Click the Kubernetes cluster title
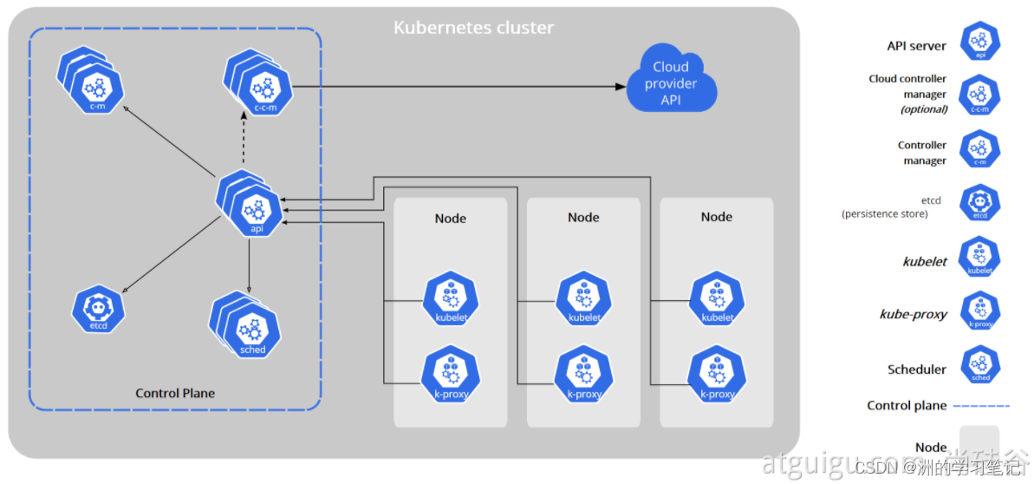pos(473,27)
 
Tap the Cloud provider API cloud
pos(671,82)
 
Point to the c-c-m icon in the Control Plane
pos(264,90)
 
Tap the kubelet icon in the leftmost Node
pos(451,300)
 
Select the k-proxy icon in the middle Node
pos(584,375)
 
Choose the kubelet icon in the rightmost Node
pos(717,300)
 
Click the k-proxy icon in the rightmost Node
pos(717,375)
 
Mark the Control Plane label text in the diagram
pos(175,393)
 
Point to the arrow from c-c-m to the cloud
pos(459,86)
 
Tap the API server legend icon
pos(980,42)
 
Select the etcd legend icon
pos(980,203)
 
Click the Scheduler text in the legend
pos(917,370)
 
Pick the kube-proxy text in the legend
pos(913,314)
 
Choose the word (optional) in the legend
pos(924,109)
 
